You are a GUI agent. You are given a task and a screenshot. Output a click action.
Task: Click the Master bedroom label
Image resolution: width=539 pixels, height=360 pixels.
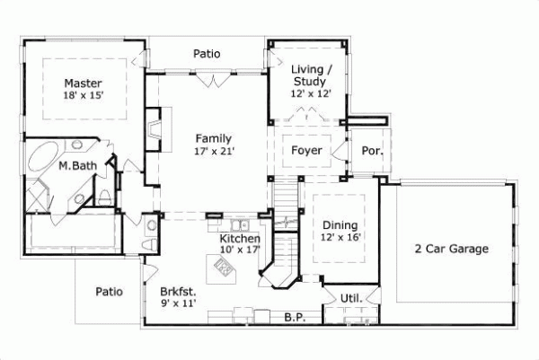point(82,82)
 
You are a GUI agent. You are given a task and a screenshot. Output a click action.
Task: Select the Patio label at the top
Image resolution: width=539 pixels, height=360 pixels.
point(207,54)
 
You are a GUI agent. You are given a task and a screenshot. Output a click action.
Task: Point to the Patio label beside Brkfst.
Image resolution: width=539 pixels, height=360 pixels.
point(109,291)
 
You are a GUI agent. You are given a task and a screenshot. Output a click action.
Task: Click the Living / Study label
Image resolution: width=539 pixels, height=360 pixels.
point(311,75)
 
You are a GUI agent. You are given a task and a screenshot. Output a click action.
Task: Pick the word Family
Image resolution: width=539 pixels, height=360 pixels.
point(215,138)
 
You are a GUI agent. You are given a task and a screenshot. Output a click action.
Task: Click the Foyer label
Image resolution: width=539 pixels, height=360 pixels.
point(306,150)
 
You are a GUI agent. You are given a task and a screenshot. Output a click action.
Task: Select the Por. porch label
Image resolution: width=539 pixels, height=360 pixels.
point(372,151)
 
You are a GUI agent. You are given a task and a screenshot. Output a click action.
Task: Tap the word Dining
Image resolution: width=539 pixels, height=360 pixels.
point(340,225)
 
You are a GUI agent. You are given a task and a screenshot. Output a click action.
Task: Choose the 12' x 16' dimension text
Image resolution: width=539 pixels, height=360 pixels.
point(340,238)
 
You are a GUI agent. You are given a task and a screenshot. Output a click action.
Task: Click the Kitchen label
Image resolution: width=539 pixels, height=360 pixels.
point(240,239)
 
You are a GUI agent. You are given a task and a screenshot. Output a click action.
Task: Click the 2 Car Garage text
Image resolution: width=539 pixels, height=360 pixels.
point(451,249)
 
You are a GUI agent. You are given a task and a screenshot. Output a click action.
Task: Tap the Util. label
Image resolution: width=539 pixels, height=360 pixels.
point(350,298)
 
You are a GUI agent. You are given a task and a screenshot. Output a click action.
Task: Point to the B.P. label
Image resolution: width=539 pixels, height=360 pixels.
point(293,317)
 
